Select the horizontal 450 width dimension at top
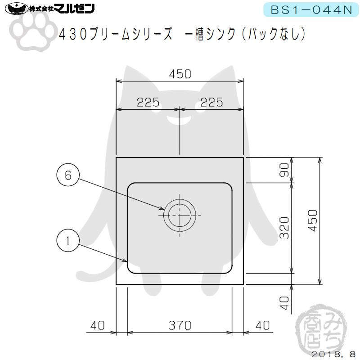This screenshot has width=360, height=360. point(180,73)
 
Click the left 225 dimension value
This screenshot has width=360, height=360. point(148,102)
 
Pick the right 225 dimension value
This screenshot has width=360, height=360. point(211,102)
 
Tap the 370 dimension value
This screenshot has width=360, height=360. point(180,325)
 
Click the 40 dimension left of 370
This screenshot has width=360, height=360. point(99,325)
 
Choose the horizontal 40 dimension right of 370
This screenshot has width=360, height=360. point(262,325)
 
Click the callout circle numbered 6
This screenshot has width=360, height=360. point(68,176)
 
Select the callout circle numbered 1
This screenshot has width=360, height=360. point(68,240)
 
